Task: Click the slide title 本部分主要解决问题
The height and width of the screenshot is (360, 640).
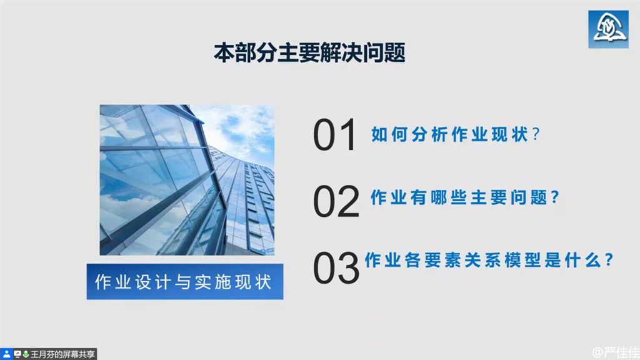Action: [x=309, y=52]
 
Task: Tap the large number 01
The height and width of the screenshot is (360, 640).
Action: [x=335, y=135]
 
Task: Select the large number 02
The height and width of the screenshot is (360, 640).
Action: [x=336, y=201]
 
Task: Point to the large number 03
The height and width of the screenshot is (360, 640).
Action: [x=336, y=267]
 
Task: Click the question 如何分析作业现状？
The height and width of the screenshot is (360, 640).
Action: [x=456, y=134]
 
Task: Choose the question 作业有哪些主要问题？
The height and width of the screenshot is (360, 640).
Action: [x=464, y=197]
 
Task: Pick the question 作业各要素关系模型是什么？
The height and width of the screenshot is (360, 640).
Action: [x=489, y=260]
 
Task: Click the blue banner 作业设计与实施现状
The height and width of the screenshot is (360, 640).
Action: [x=185, y=282]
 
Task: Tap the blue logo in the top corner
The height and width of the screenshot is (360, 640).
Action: [x=608, y=29]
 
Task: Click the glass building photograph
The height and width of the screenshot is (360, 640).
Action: [x=187, y=180]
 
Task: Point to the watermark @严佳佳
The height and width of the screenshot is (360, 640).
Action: [x=616, y=352]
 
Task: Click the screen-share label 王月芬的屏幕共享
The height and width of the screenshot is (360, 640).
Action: [x=62, y=354]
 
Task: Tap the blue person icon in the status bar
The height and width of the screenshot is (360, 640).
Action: [x=6, y=354]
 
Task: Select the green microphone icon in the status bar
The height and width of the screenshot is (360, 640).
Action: [x=26, y=354]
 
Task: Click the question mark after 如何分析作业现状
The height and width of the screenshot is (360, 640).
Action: [x=536, y=134]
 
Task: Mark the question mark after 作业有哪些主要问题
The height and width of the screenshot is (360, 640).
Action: [x=555, y=197]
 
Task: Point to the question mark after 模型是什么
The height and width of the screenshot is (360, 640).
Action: [x=609, y=260]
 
